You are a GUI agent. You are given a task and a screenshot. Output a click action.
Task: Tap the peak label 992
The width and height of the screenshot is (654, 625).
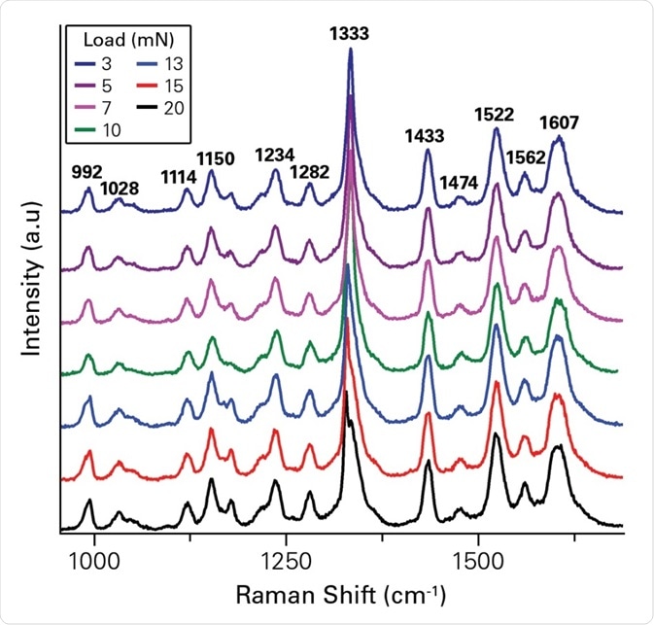click(x=87, y=172)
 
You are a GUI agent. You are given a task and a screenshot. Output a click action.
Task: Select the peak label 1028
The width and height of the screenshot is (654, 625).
click(x=120, y=187)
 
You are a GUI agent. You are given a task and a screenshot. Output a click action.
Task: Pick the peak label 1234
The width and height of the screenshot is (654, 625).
click(x=275, y=155)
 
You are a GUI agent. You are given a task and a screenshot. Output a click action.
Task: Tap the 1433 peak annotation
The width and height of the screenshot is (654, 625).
click(x=426, y=136)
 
